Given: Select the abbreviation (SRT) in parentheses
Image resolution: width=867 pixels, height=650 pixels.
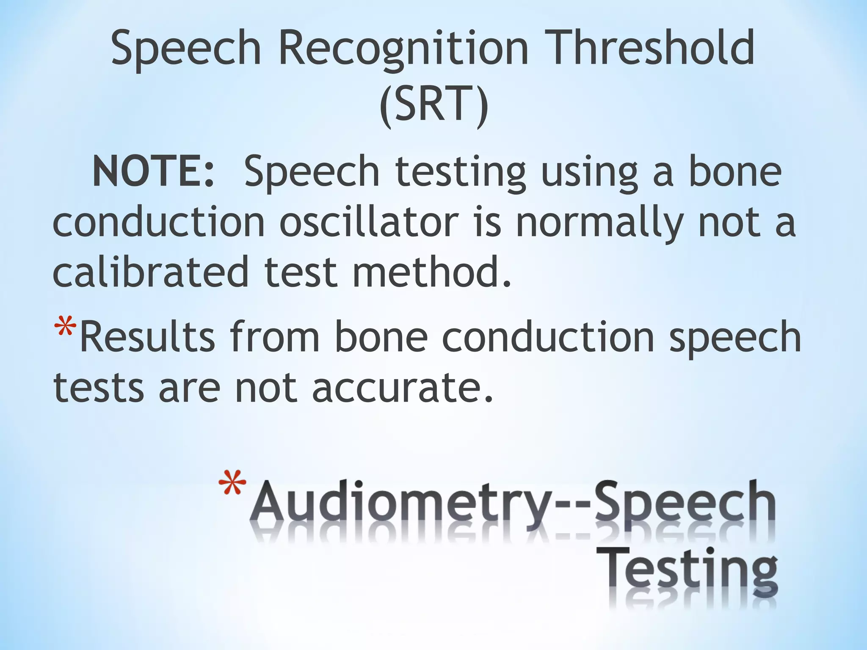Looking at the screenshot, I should tap(433, 105).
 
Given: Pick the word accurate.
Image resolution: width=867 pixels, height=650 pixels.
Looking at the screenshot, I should tap(402, 387).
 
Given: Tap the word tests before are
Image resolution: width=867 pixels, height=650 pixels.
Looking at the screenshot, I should tap(99, 387).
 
